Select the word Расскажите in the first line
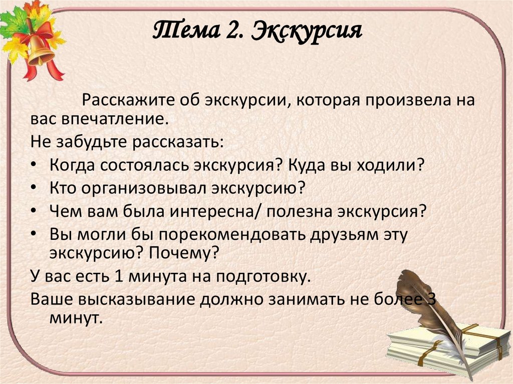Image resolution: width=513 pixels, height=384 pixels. [x=129, y=99]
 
